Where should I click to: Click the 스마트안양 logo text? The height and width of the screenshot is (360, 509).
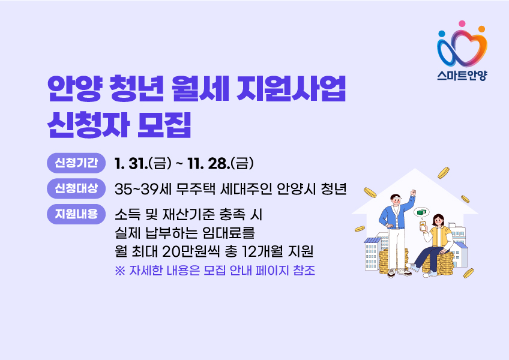coord(462,76)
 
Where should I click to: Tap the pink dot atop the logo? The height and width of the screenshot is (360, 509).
coord(462,23)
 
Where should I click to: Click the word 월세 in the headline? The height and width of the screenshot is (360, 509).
coord(199,88)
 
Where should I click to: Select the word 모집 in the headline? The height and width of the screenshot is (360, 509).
coord(164,125)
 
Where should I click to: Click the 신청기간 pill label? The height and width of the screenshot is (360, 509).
coord(76,163)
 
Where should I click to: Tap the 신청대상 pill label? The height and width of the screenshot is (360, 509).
coord(76,188)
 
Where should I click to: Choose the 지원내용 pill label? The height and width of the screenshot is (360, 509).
coord(76,214)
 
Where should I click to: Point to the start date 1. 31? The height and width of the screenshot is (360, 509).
coord(131,164)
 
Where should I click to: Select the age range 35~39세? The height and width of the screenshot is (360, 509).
coord(143,189)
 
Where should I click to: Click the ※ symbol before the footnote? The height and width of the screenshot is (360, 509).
coord(120,271)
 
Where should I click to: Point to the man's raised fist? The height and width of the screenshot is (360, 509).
coord(413,193)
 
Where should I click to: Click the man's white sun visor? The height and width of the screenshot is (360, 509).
coord(397,197)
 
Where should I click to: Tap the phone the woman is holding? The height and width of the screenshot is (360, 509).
coord(423,226)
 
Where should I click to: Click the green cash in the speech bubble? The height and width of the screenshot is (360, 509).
coord(422,212)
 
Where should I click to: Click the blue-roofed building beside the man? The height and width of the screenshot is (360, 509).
coord(373,254)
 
